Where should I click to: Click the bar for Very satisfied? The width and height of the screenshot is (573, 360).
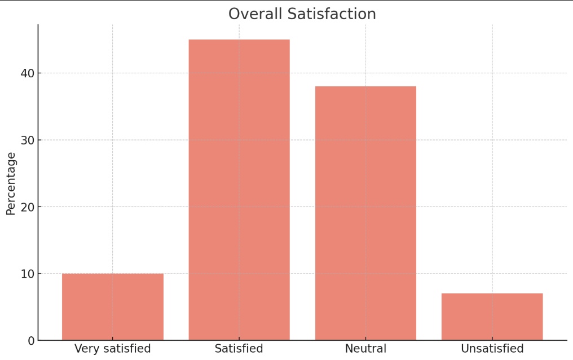(x=113, y=307)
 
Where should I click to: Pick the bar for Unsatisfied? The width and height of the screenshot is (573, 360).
(x=492, y=317)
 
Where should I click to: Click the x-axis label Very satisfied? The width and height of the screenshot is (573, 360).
(x=113, y=349)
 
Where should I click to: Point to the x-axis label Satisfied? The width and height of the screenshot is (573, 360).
(x=239, y=349)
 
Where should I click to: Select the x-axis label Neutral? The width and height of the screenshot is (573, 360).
(x=365, y=349)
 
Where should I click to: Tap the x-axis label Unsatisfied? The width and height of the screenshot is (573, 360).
(x=492, y=349)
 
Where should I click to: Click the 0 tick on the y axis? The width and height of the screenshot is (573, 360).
(x=30, y=340)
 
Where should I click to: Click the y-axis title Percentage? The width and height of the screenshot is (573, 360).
(x=11, y=183)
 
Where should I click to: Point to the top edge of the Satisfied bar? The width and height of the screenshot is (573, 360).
(x=239, y=39)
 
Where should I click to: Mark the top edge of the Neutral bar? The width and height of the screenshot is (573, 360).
(x=365, y=86)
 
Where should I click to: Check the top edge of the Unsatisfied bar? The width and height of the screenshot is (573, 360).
(x=492, y=293)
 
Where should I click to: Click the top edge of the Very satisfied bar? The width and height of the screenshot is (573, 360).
(x=113, y=274)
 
